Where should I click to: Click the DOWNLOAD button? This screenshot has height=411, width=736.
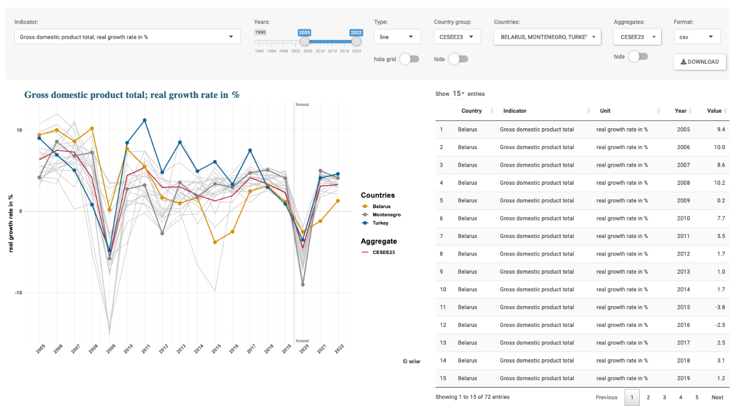(700, 62)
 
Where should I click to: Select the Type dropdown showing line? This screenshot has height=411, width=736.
(397, 37)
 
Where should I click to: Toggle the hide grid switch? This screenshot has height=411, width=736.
(409, 59)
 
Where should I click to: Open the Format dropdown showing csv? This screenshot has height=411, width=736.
(697, 37)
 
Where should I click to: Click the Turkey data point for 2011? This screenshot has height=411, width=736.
(145, 120)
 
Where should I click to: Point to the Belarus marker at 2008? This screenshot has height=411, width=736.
(92, 128)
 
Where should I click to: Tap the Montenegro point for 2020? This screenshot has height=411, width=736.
(303, 285)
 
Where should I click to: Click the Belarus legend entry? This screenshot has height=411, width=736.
(381, 206)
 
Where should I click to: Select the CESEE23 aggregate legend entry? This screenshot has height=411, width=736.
(383, 252)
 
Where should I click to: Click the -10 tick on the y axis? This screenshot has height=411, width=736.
(19, 293)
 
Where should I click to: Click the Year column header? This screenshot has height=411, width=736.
(681, 111)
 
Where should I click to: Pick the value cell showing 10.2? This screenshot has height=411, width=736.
(720, 183)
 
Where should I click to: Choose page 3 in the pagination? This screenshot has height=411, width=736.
(664, 397)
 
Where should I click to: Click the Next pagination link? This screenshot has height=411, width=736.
(717, 397)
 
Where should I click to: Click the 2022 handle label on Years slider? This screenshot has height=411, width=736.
(356, 32)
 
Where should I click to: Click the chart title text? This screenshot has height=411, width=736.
(132, 95)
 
